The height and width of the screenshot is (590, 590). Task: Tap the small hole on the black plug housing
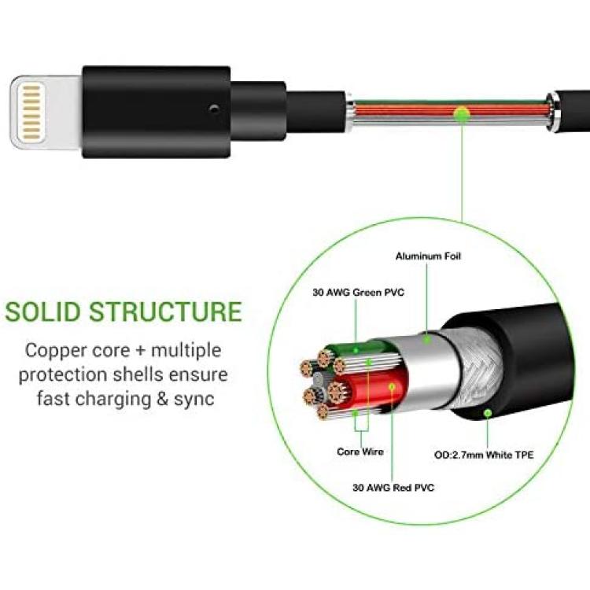214,109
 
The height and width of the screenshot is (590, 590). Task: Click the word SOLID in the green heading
43,312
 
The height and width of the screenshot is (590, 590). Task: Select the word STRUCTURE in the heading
165,312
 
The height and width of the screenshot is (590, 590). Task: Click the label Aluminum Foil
428,256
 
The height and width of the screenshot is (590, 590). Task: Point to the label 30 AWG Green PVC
358,293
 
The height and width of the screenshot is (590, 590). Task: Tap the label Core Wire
360,452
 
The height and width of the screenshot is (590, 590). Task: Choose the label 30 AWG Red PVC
393,488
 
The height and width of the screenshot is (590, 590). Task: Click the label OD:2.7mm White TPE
484,455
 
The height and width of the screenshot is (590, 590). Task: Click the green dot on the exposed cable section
462,114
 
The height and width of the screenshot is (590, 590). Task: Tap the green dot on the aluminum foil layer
426,340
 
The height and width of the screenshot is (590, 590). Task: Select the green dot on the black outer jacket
488,414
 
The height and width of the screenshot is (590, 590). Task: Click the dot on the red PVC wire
392,386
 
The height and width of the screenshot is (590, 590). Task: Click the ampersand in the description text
162,399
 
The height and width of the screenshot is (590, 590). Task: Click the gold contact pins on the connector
31,112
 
